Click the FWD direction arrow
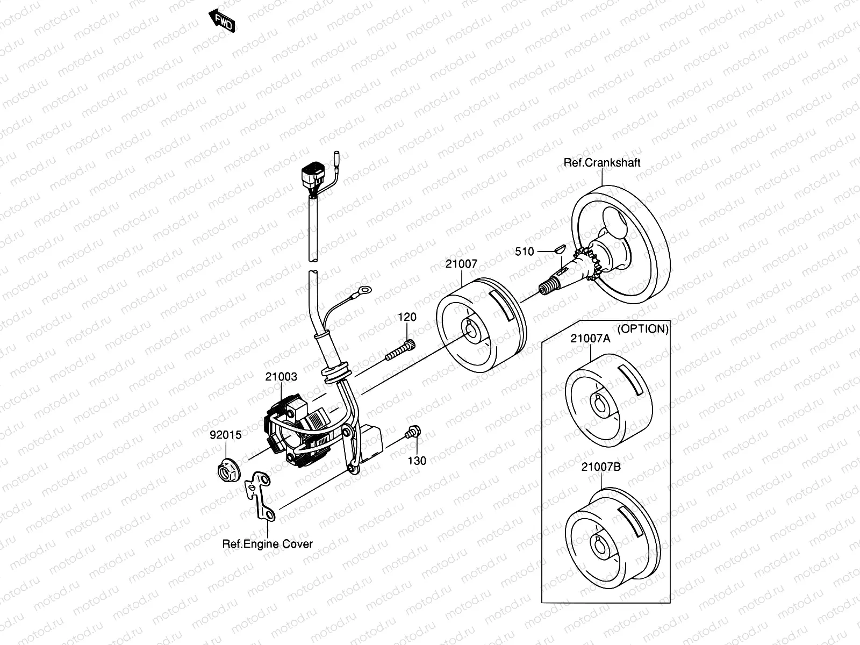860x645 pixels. pos(222,21)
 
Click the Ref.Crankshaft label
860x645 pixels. pos(602,162)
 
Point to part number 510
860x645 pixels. pos(524,252)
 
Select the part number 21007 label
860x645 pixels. pos(461,263)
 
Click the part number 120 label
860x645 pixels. pos(407,317)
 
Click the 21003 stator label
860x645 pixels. pos(281,377)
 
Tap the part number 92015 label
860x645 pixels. pos(225,435)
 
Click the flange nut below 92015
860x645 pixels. pos(228,470)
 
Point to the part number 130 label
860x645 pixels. pos(417,461)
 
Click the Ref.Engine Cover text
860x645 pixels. pos(268,543)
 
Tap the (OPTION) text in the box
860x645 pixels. pos(643,328)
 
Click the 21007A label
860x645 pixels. pos(590,339)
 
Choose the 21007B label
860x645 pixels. pos(601,467)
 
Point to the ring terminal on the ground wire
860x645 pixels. pos(364,290)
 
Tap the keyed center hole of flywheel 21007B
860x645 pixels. pos(600,544)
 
